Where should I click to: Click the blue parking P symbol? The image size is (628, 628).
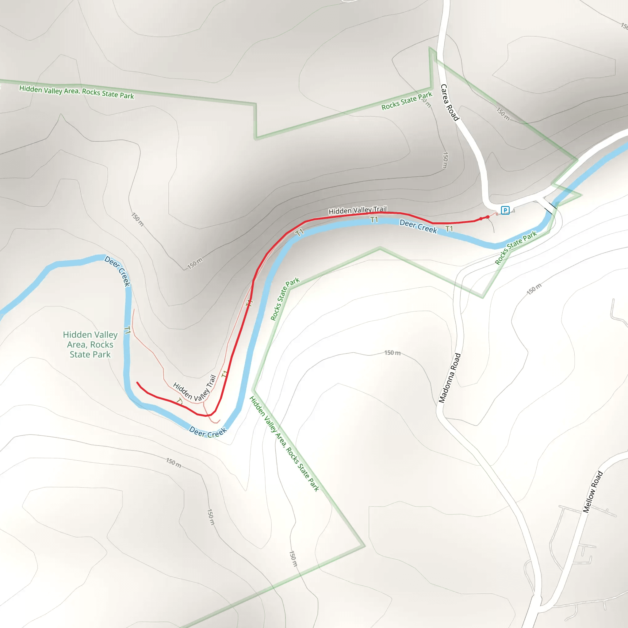coord(505,210)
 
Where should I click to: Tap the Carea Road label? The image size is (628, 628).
coord(450,102)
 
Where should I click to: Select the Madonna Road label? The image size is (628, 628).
coord(450,378)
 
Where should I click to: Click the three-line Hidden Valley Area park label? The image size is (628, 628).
coord(90,345)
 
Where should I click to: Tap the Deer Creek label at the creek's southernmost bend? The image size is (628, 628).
coord(208,432)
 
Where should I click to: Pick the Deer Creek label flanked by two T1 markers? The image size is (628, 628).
coord(418,227)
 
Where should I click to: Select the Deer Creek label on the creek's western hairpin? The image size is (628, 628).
coord(118,271)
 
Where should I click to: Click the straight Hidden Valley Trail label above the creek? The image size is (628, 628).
coord(358,210)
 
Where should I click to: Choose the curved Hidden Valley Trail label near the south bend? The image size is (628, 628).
coord(195,389)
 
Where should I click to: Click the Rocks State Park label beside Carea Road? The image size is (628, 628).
coord(407,101)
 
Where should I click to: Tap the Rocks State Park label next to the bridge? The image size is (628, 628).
coord(515,247)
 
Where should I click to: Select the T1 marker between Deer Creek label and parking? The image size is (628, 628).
coord(449,229)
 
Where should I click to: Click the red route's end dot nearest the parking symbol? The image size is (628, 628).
coord(488,217)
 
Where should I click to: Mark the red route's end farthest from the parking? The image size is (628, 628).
coord(137,383)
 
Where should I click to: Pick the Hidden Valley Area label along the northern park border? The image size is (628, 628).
coord(76,92)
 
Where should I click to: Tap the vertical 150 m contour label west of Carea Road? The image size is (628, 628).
coord(445,160)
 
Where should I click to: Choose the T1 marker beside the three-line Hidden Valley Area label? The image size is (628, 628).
coord(128,330)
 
